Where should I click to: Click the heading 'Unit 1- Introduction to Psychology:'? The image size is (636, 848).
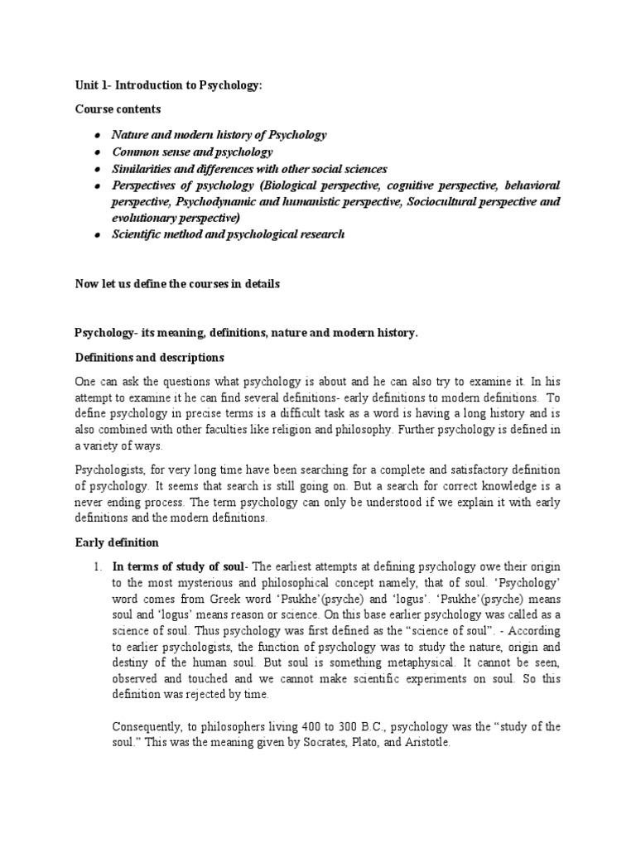coord(168,85)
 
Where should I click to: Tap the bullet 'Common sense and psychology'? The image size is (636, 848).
coord(192,152)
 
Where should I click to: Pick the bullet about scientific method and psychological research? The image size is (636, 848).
coord(229,234)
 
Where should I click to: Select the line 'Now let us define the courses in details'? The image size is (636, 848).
coord(177,283)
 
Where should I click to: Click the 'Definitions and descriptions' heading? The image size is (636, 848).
coord(149,358)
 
